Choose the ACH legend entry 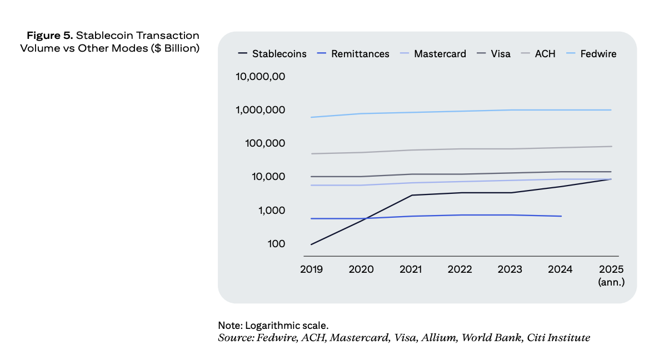(545, 54)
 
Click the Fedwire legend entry (598, 54)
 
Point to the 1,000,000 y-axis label (261, 110)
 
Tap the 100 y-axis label (276, 244)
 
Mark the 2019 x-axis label (311, 269)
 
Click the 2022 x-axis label (460, 269)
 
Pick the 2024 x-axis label (560, 269)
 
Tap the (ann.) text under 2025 (611, 282)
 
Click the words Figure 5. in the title (50, 36)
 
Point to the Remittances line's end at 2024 (561, 216)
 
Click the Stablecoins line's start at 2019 (311, 244)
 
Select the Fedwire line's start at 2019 (311, 117)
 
